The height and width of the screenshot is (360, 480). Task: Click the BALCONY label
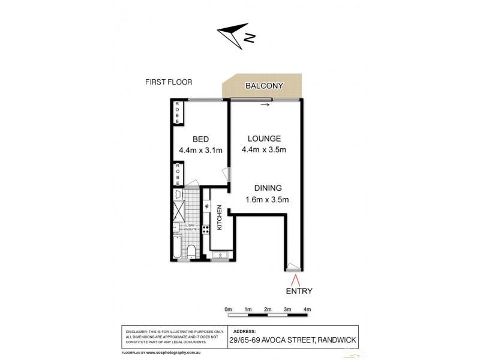tap(264, 86)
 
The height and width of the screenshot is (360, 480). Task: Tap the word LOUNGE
tap(261, 139)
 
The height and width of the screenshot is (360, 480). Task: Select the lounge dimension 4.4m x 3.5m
tap(264, 150)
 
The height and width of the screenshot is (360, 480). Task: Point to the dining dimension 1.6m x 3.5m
tap(268, 200)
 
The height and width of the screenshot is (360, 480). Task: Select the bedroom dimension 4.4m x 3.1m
tap(200, 151)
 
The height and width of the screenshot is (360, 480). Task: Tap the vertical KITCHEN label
tap(220, 217)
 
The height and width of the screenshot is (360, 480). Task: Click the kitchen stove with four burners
tap(206, 229)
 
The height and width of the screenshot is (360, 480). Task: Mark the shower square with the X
tap(178, 211)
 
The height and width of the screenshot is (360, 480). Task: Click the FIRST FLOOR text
tap(169, 82)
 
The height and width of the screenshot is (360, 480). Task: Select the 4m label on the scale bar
tap(307, 309)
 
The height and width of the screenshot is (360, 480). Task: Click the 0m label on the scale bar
tap(228, 309)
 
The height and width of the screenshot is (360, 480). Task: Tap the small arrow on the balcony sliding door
tap(265, 105)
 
